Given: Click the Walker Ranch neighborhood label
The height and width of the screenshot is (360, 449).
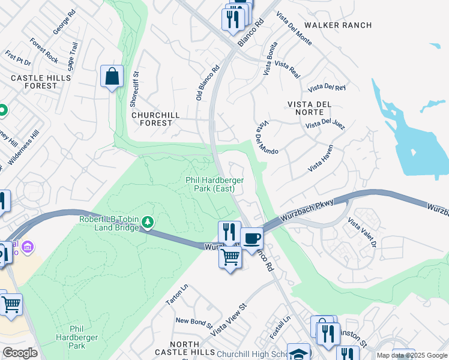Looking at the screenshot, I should click(338, 25).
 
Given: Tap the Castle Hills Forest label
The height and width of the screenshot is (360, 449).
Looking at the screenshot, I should click(34, 82).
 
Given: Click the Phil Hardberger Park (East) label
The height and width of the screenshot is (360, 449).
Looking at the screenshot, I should click(209, 184).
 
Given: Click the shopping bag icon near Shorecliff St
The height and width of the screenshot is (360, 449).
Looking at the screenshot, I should click(112, 77).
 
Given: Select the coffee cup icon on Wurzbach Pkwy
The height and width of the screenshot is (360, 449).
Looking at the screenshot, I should click(252, 238).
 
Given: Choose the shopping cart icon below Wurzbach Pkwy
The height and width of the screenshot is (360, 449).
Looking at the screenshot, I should click(230, 257).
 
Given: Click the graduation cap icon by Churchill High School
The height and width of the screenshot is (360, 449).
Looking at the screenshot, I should click(298, 352).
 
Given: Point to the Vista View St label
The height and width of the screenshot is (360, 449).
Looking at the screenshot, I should click(228, 319).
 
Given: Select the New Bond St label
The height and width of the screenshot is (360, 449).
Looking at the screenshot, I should click(194, 322).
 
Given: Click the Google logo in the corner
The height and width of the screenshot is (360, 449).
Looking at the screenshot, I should click(20, 353).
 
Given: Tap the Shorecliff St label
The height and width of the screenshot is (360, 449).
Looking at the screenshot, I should click(135, 89).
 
